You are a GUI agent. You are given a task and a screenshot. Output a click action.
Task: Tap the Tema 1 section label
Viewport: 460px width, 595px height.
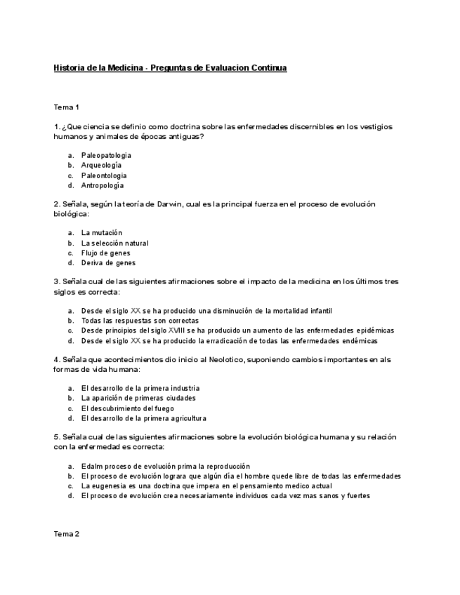[67, 107]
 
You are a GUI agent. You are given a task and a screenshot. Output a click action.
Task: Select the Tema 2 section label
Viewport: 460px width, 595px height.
[67, 534]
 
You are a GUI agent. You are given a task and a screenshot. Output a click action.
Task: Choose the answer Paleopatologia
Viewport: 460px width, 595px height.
[106, 155]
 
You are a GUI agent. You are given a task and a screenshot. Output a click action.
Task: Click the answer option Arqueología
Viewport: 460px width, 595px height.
[102, 165]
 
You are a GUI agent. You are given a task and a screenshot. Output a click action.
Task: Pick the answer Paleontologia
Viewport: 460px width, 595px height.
[104, 175]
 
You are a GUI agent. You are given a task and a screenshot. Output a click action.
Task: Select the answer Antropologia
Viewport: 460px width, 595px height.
[103, 185]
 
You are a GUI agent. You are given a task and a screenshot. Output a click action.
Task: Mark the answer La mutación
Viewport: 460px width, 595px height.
[102, 232]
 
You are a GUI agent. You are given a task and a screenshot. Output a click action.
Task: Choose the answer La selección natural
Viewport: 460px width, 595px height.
[114, 243]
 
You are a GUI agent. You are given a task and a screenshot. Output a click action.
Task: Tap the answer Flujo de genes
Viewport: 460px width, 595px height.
[105, 253]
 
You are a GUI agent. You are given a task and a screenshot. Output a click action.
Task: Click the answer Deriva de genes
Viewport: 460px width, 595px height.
[108, 263]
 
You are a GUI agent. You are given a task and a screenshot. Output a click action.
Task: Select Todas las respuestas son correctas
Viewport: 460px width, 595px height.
[137, 320]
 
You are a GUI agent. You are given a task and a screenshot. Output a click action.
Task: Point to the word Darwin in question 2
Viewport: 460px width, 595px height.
[170, 204]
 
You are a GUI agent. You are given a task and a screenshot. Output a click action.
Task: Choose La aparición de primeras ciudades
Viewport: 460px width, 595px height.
[138, 398]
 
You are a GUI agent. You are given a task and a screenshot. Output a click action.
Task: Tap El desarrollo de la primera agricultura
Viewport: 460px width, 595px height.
[143, 418]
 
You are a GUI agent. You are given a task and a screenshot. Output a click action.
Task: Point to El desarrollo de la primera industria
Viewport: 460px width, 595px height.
[140, 388]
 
